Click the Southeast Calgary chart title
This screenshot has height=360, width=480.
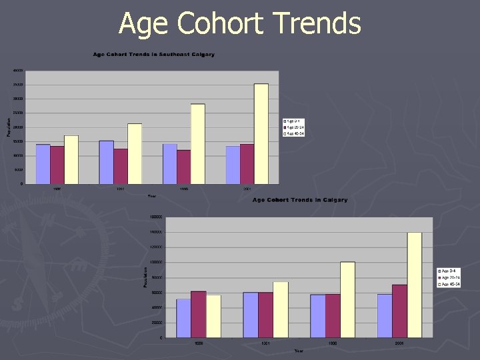[154, 54]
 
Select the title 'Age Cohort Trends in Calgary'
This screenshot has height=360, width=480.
[299, 200]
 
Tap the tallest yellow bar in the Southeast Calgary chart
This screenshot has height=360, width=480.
[261, 133]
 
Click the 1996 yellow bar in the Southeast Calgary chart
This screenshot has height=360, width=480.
[198, 143]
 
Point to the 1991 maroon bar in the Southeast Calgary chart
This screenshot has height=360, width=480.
[121, 166]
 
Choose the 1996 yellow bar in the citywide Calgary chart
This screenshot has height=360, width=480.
[347, 299]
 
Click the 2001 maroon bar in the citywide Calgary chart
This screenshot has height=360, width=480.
[400, 311]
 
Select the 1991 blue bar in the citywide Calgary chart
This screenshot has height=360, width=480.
[250, 315]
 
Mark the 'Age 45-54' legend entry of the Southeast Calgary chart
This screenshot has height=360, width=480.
[294, 133]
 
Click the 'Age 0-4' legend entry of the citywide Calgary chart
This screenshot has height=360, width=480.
[449, 271]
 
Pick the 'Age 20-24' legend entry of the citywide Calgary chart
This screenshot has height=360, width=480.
[449, 277]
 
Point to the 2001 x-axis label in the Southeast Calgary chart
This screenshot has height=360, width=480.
[247, 189]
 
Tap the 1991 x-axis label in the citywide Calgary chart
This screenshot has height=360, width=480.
[265, 343]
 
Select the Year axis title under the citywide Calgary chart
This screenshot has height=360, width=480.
[299, 351]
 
